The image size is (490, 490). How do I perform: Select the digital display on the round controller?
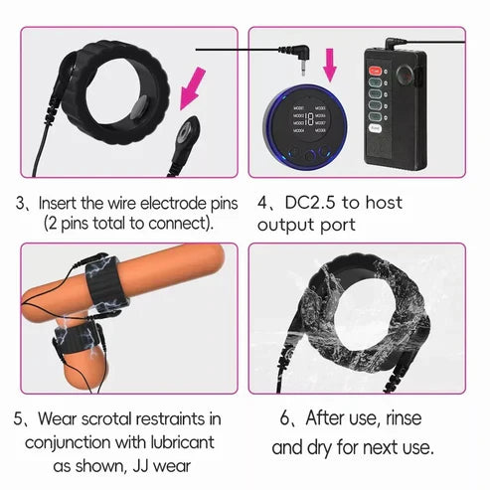(313, 117)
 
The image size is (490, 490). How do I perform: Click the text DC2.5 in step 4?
(307, 203)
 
